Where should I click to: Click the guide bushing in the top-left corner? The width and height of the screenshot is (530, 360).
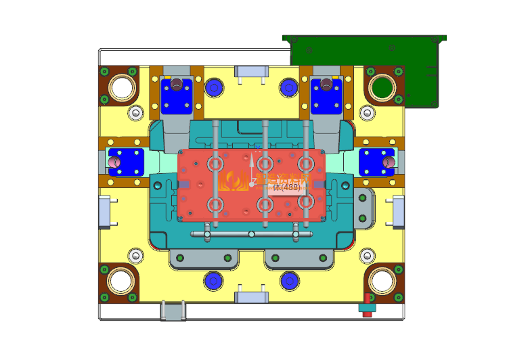click(x=120, y=86)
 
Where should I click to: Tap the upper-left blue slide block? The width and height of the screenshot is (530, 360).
click(x=177, y=95)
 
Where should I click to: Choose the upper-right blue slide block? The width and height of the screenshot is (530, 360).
click(x=326, y=95)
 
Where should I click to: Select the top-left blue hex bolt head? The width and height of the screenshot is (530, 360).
click(x=215, y=86)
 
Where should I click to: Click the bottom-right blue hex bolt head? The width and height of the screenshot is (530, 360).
click(x=290, y=279)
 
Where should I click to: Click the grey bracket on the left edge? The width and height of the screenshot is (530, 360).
click(x=106, y=212)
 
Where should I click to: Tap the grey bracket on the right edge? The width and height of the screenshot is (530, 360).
click(x=398, y=212)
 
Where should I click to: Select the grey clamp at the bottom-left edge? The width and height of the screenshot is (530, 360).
click(x=173, y=311)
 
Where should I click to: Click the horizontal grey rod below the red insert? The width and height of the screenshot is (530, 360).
click(x=250, y=234)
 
